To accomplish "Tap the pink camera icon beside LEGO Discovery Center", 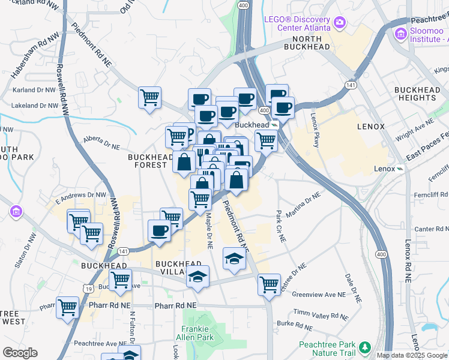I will (x=340, y=23).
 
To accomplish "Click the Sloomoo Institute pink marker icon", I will (x=400, y=33).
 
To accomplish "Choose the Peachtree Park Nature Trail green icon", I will (x=364, y=347).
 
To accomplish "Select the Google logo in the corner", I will (x=20, y=353).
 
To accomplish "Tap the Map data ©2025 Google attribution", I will (x=412, y=355).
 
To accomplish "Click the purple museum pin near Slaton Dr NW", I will (x=16, y=211).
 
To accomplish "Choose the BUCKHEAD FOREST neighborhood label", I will (x=147, y=161).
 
